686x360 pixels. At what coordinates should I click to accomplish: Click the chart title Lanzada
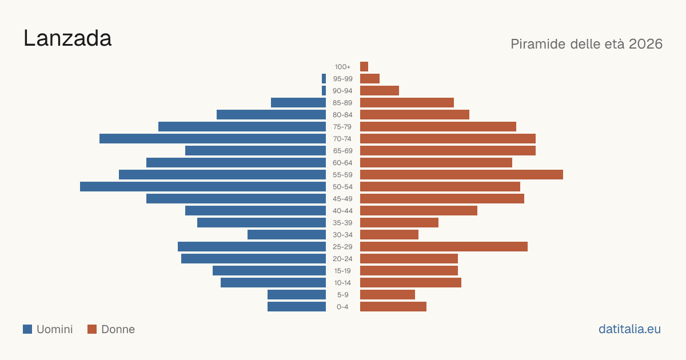pos(67,38)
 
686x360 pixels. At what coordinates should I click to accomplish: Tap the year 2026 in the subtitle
pos(645,44)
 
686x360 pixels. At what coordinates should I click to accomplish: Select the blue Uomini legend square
pos(27,329)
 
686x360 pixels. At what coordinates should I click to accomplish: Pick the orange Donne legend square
pos(92,329)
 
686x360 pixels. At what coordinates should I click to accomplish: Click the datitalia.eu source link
pos(629,329)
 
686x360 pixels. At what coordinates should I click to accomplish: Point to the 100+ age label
pos(342,67)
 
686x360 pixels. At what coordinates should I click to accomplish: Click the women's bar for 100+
pos(364,66)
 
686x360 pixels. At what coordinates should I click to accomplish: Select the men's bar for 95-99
pos(324,79)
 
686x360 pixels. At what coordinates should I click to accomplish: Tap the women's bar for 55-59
pos(461,174)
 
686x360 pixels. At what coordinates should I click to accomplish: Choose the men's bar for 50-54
pos(203,187)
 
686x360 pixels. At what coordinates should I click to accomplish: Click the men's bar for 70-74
pos(213,139)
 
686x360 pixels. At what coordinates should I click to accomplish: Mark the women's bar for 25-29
pos(444,247)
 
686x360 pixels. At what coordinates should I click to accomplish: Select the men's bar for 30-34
pos(286,235)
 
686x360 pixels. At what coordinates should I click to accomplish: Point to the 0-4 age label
pos(342,307)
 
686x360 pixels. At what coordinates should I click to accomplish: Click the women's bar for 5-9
pos(388,295)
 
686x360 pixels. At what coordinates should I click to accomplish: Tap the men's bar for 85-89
pos(298,102)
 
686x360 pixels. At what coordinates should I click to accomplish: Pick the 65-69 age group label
pos(342,151)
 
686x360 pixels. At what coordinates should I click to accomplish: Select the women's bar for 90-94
pos(380,91)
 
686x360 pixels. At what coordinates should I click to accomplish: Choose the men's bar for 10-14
pos(273,282)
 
